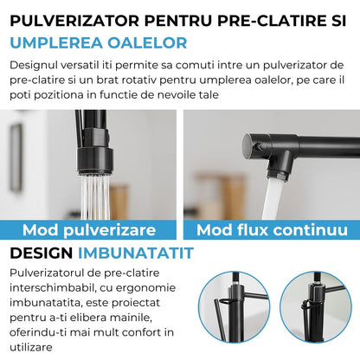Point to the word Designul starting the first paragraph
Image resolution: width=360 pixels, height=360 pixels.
tap(38, 65)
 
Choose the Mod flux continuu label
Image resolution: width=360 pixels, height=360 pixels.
tap(272, 229)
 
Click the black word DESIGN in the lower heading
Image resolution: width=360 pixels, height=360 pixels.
tap(40, 253)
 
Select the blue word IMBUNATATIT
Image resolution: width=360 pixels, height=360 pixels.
tap(136, 253)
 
